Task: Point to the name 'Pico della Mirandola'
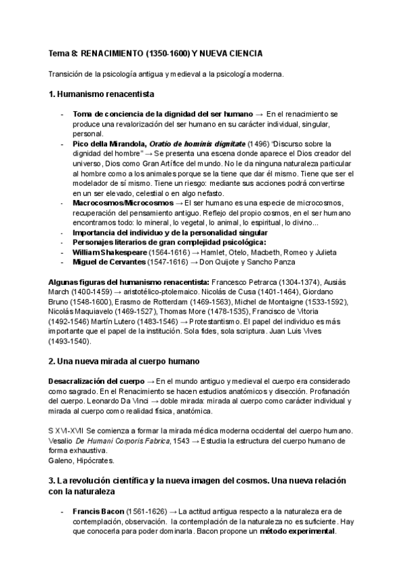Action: click(109, 143)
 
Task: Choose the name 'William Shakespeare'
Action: click(109, 252)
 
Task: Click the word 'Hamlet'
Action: click(206, 252)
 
